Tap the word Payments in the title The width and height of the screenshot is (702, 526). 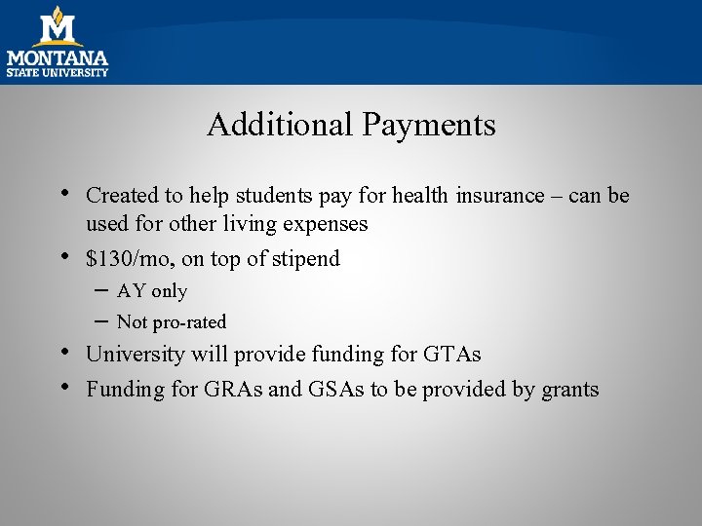[x=428, y=125]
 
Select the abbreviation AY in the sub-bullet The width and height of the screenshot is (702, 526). [x=132, y=291]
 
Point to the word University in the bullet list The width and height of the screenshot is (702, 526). [x=135, y=355]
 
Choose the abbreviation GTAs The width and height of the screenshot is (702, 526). [x=449, y=355]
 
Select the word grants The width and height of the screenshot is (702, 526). [x=569, y=391]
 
